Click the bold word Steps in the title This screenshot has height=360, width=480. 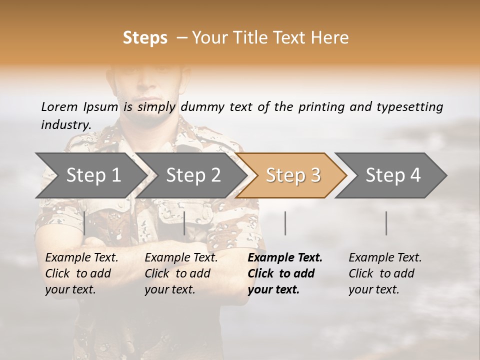pyautogui.click(x=145, y=38)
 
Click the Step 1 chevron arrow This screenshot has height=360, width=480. pyautogui.click(x=90, y=175)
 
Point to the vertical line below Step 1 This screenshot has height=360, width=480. pyautogui.click(x=84, y=223)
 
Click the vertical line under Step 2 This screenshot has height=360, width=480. pyautogui.click(x=184, y=223)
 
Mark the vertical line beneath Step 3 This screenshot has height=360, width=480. pyautogui.click(x=285, y=223)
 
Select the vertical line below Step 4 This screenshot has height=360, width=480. pyautogui.click(x=386, y=223)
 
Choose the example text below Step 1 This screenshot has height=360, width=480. pyautogui.click(x=81, y=273)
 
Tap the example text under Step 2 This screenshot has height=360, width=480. pyautogui.click(x=180, y=273)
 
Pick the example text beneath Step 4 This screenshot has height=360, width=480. pyautogui.click(x=384, y=273)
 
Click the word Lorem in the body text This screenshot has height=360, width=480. pyautogui.click(x=59, y=106)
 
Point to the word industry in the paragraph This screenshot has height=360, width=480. pyautogui.click(x=65, y=125)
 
